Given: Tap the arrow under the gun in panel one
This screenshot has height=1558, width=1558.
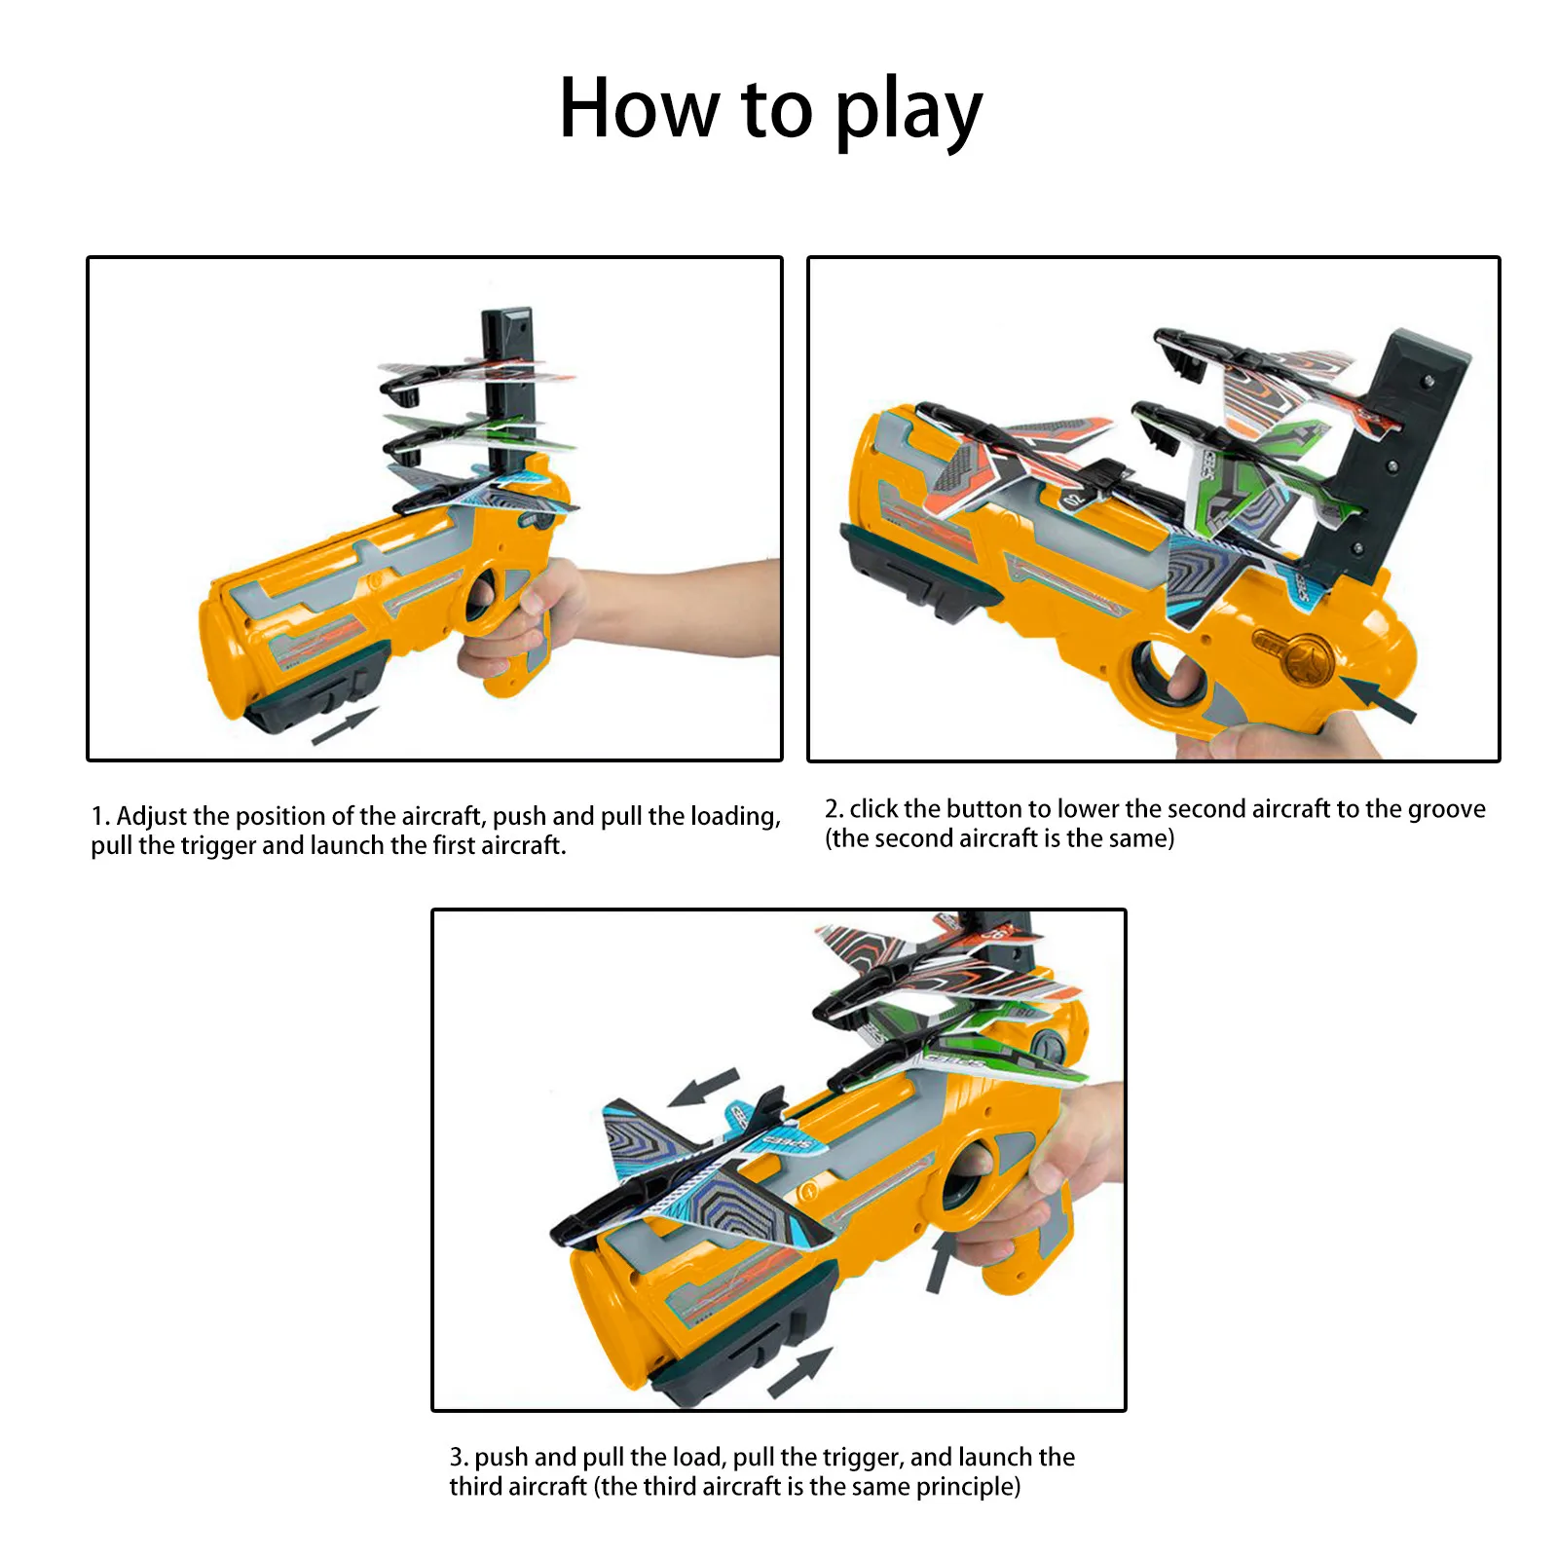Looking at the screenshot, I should click(344, 726).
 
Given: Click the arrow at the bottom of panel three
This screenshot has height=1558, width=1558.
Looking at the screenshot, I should click(800, 1372).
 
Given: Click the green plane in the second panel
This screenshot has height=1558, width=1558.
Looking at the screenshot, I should click(1246, 487).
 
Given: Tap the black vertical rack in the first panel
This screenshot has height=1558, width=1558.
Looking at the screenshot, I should click(508, 389).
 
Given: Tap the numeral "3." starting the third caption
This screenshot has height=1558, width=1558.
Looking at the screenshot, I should click(459, 1458).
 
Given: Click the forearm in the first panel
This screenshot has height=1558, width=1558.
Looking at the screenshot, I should click(682, 609).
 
